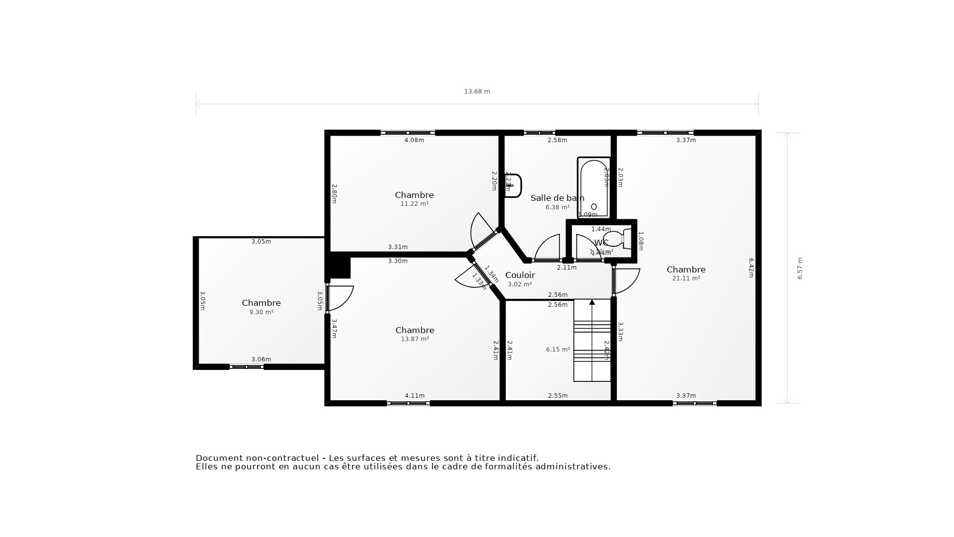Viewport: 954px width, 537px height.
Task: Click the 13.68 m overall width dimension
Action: click(477, 91)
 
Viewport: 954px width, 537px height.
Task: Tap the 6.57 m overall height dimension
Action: click(800, 268)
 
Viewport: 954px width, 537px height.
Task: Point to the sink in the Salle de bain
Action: click(513, 185)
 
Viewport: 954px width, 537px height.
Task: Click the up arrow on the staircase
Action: click(592, 302)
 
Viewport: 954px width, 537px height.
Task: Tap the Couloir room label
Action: click(520, 275)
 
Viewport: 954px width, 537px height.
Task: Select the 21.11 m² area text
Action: click(686, 278)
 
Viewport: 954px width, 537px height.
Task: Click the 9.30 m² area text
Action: click(261, 312)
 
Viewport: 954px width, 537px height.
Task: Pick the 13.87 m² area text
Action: click(415, 339)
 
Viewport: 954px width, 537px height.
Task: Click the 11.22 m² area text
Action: click(414, 204)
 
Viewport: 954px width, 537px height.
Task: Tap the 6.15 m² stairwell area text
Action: click(558, 350)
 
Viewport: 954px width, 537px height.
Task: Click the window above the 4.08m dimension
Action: click(408, 133)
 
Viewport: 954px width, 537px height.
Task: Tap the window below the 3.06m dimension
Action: click(246, 367)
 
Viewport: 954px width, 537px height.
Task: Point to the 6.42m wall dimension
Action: click(751, 268)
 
